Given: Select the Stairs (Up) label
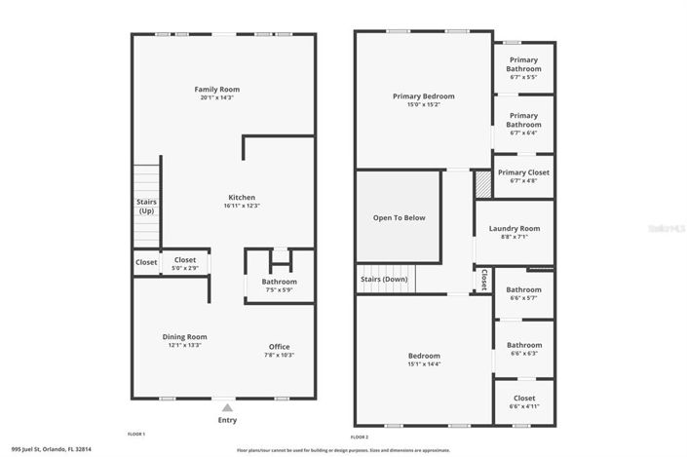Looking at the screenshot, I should (x=145, y=207).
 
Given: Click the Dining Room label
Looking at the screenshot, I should (x=184, y=336).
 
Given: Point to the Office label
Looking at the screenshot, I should (x=279, y=346).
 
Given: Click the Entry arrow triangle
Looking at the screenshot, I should (x=227, y=407).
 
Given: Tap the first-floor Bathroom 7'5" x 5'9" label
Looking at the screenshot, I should (x=279, y=282).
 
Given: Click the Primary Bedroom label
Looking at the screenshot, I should (x=423, y=95).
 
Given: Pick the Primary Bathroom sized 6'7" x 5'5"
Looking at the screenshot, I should (x=523, y=64).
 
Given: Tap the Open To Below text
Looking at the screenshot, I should (x=400, y=217).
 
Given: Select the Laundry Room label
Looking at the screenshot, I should (x=514, y=229).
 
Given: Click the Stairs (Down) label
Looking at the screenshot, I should (x=385, y=279).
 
